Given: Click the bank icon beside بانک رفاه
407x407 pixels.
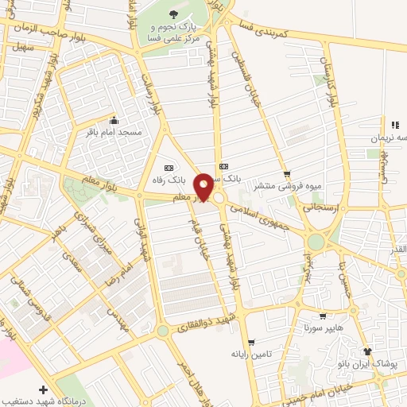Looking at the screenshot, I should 169,168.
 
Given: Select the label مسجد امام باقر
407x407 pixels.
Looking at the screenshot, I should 113,132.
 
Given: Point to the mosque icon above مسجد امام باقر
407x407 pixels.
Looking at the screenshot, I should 113,121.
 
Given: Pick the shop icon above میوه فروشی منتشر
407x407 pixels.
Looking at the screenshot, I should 287,173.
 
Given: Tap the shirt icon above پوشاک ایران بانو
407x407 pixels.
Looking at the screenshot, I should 366,351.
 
